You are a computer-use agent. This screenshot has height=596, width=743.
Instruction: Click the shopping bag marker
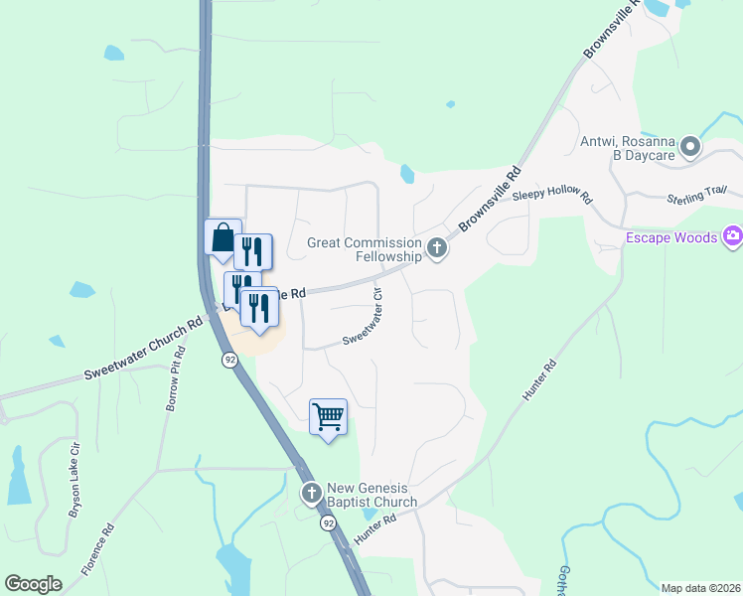click(x=223, y=239)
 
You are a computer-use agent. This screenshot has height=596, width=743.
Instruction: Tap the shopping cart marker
click(x=328, y=416)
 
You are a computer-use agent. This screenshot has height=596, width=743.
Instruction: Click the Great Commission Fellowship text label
click(x=365, y=248)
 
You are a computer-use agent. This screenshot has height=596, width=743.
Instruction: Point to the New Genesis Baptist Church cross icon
click(x=311, y=493)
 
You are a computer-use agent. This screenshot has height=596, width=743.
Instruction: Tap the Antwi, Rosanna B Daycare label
click(x=627, y=149)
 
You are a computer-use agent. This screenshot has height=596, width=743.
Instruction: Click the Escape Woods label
click(x=671, y=236)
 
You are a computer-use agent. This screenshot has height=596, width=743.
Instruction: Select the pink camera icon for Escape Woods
click(x=733, y=235)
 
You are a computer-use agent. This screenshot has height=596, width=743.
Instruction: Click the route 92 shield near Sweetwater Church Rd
click(x=229, y=360)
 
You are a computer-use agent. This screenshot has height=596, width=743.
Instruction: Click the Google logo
click(x=34, y=584)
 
